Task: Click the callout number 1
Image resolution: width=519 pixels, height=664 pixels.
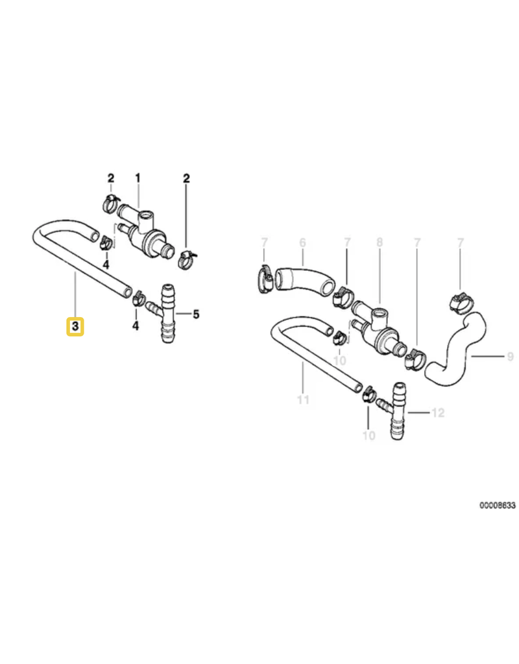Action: (138, 178)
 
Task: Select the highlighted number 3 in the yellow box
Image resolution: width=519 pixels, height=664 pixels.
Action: (75, 327)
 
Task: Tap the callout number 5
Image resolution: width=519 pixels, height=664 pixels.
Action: (196, 314)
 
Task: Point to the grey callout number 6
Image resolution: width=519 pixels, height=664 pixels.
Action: (302, 243)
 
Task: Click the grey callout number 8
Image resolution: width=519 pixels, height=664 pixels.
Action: (379, 242)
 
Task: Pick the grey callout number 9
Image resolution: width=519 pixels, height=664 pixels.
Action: (511, 356)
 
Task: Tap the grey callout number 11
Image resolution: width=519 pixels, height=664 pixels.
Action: (303, 399)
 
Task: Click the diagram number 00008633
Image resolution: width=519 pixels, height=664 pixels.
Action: (498, 505)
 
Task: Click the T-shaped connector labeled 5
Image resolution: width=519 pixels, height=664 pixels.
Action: (168, 314)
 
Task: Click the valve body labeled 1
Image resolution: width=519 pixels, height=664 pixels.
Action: (144, 233)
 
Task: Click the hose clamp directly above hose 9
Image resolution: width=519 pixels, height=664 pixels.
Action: (461, 302)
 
